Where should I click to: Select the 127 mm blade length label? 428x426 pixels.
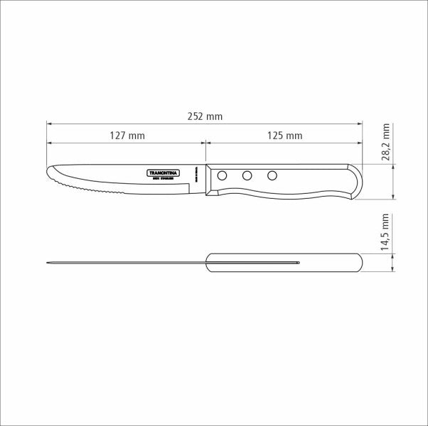[x=128, y=135]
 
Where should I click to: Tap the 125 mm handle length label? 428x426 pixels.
[x=285, y=135]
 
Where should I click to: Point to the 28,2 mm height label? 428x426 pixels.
[x=386, y=142]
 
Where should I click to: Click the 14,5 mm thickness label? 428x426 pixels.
[x=386, y=232]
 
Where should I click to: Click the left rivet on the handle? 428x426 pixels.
[x=223, y=175]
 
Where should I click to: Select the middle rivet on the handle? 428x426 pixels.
[x=247, y=175]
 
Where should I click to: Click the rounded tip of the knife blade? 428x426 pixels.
[x=49, y=173]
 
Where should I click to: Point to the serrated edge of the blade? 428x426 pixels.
[x=92, y=190]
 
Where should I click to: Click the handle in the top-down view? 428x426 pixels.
[x=284, y=263]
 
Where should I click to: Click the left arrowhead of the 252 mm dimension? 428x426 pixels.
[x=48, y=123]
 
